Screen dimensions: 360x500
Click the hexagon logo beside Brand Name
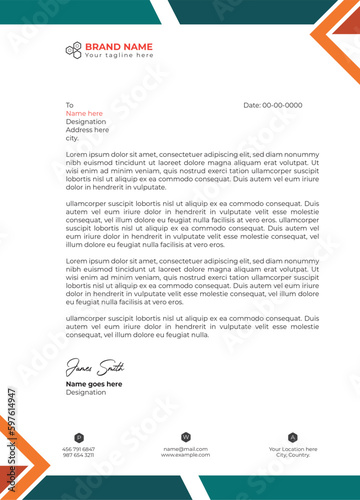click(73, 50)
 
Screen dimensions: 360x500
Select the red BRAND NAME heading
click(118, 46)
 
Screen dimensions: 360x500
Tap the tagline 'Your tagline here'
click(118, 56)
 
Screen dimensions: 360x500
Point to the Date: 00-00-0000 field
click(273, 105)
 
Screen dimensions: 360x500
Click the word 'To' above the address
click(70, 105)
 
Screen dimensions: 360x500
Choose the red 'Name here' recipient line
click(85, 113)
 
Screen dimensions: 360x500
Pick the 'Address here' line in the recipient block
click(87, 129)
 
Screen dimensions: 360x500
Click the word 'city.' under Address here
click(72, 137)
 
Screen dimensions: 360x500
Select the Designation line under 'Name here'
click(86, 121)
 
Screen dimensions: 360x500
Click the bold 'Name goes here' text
click(94, 383)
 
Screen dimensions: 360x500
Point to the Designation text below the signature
click(86, 392)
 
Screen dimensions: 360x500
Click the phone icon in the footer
click(78, 437)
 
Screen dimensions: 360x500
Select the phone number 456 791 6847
click(78, 449)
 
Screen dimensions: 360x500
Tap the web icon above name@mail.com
click(185, 437)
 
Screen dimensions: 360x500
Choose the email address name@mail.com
click(185, 449)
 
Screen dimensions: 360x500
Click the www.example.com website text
click(185, 455)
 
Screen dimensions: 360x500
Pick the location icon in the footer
click(293, 437)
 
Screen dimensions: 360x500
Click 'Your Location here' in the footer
click(293, 449)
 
